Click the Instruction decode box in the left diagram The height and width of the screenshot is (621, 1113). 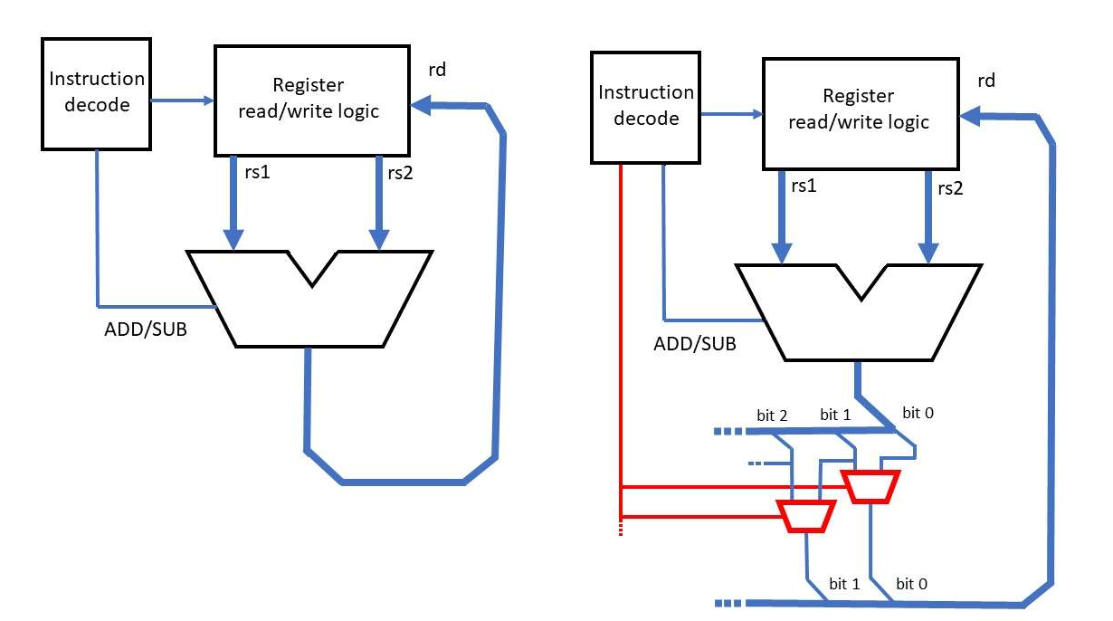pyautogui.click(x=95, y=92)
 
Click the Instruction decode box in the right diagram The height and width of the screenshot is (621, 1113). pyautogui.click(x=645, y=106)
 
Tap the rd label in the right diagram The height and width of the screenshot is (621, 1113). pyautogui.click(x=986, y=81)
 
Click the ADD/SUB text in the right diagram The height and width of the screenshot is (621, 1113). pyautogui.click(x=694, y=344)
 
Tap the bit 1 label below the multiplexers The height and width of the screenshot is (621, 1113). pyautogui.click(x=845, y=584)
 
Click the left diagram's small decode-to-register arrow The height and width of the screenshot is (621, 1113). pyautogui.click(x=181, y=101)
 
